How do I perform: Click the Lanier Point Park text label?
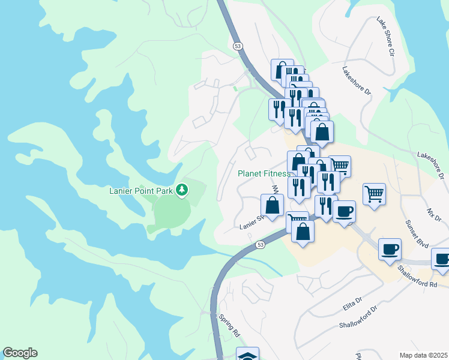[140, 191]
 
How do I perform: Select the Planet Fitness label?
[264, 173]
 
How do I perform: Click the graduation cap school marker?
[247, 355]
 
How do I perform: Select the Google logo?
[20, 353]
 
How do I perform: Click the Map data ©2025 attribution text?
[424, 355]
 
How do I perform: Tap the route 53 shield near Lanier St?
[260, 245]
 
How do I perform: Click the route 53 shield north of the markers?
[238, 45]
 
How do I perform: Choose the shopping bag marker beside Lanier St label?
[272, 205]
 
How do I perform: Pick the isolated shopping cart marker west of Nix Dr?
[374, 194]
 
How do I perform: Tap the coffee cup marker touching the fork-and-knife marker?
[344, 211]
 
